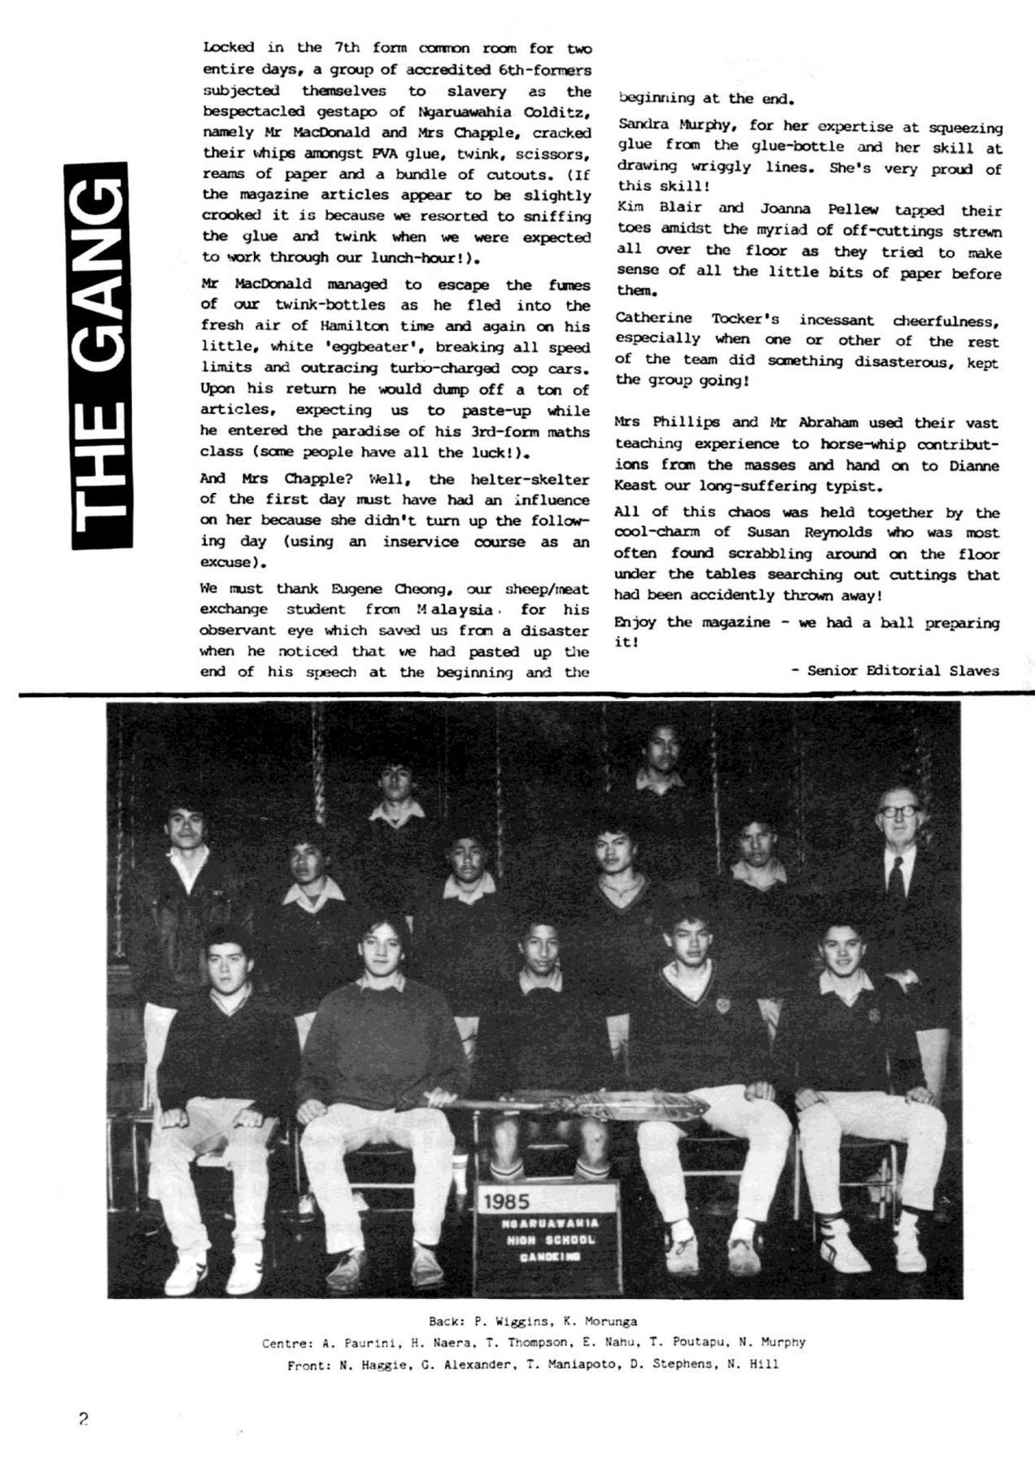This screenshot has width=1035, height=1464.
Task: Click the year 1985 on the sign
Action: [x=506, y=1200]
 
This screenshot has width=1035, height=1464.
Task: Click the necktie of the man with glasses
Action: [x=896, y=875]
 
